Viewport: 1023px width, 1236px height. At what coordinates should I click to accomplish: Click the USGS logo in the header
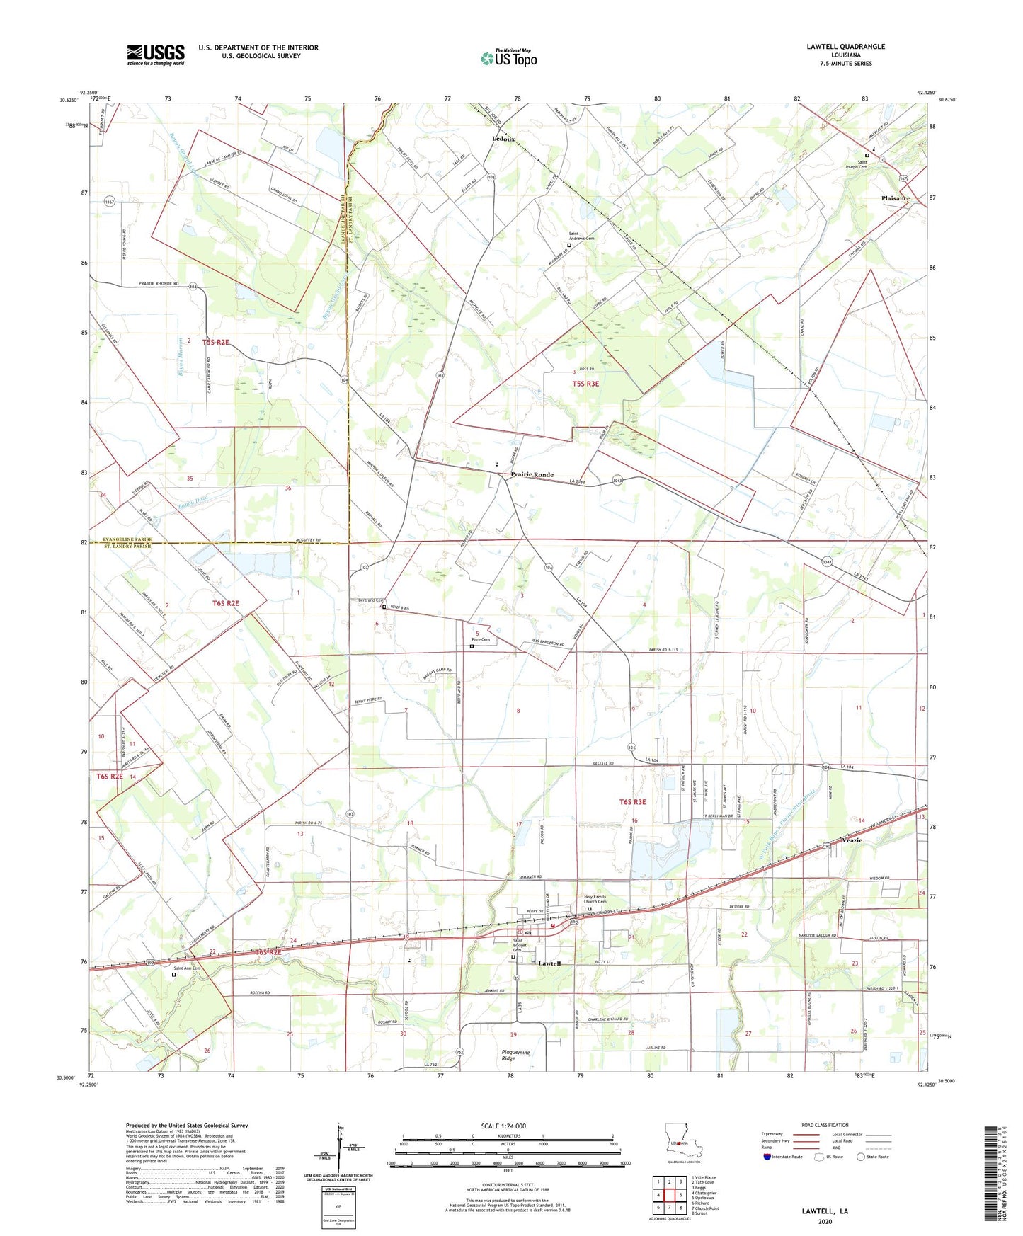click(155, 55)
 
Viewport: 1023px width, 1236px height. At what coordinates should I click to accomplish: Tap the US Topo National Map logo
click(508, 57)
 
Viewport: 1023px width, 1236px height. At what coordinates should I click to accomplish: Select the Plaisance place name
click(895, 198)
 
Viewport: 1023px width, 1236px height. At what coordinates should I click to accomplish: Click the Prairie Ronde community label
click(532, 475)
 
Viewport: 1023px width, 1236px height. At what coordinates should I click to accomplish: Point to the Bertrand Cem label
click(370, 600)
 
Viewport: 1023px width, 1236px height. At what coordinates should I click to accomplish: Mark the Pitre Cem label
click(481, 640)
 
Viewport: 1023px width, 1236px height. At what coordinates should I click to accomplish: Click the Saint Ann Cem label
click(187, 968)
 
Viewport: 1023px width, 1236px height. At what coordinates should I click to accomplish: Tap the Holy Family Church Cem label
click(595, 899)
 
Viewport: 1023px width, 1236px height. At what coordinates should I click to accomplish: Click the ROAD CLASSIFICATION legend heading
click(825, 1125)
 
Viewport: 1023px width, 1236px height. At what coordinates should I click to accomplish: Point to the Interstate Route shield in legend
click(767, 1157)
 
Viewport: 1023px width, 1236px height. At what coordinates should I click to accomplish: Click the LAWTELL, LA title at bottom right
click(825, 1211)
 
